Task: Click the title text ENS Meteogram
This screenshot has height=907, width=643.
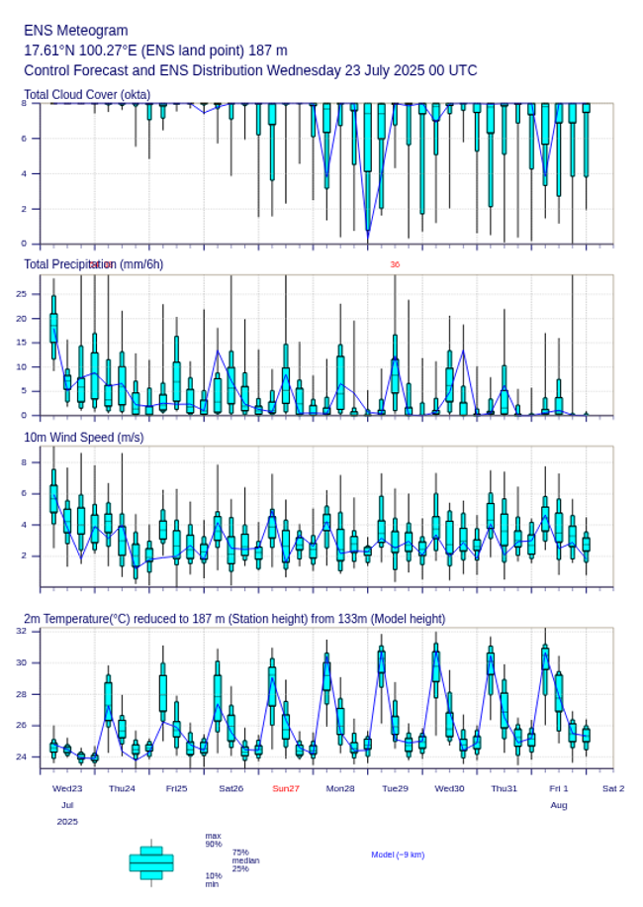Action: click(75, 31)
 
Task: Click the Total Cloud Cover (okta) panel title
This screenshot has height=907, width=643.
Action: click(87, 95)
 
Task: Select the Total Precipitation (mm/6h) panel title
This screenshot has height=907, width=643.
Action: click(93, 264)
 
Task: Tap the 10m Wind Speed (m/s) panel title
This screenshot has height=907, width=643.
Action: click(83, 437)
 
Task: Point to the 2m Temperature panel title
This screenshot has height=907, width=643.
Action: click(233, 619)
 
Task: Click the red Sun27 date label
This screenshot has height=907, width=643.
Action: click(286, 788)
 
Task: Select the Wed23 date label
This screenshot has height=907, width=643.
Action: click(67, 788)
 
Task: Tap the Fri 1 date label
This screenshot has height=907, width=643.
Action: click(559, 788)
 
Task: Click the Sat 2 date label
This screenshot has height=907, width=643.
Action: click(613, 788)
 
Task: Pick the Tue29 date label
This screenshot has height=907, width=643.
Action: click(395, 788)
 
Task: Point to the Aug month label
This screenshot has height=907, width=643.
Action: click(559, 805)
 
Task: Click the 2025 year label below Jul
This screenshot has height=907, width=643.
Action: click(67, 822)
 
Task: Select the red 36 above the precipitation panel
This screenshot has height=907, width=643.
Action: click(395, 264)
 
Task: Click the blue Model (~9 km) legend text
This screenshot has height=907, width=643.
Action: click(398, 855)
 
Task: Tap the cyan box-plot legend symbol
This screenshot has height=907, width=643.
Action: click(151, 862)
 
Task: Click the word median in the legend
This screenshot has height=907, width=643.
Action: click(245, 860)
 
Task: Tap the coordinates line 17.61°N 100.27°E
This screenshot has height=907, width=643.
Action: click(155, 50)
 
